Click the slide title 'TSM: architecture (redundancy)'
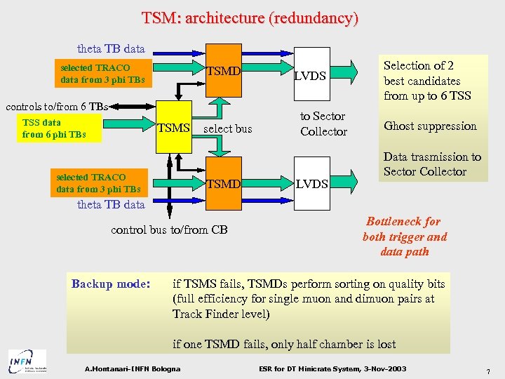(250, 18)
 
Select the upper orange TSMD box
(224, 72)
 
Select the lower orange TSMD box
(224, 184)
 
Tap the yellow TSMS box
(173, 128)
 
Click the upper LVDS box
(309, 76)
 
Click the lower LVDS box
(309, 184)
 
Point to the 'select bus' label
(227, 129)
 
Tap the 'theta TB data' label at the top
(111, 49)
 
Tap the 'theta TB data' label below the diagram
(111, 204)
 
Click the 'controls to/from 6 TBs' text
(57, 107)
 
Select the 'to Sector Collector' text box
(323, 124)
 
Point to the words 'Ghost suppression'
(430, 126)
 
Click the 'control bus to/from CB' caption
(169, 230)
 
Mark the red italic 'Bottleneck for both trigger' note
(405, 237)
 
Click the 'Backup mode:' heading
(111, 284)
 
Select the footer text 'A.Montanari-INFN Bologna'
(132, 369)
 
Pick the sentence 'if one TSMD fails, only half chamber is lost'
(284, 344)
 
